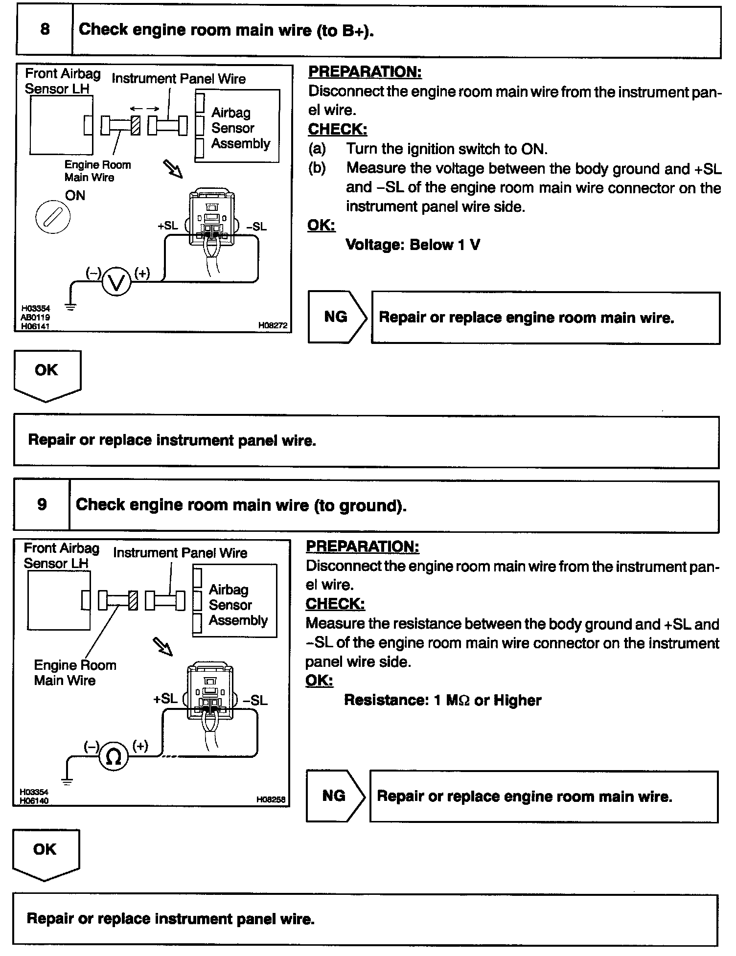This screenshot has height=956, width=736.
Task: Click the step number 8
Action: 45,29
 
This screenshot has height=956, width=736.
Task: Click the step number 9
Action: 42,504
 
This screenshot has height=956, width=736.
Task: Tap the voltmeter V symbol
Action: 116,282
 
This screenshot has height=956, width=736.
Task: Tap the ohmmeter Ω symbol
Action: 114,757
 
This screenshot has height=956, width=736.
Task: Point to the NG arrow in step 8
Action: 337,317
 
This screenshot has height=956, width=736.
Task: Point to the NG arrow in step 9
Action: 335,796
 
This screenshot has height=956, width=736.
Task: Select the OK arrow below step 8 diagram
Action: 47,374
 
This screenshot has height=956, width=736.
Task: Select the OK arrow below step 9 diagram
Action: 46,853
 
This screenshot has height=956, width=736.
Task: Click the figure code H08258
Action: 271,800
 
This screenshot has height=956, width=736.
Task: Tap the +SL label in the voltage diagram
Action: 168,226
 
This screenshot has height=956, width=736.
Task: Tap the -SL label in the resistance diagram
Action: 255,700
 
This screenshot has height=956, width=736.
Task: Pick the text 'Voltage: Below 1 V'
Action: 413,245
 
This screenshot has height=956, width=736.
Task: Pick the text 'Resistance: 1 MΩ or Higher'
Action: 442,700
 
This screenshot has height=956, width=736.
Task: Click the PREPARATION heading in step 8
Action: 365,72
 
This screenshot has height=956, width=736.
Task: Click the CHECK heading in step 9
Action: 335,604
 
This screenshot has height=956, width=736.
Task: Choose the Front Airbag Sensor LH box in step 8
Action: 61,125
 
